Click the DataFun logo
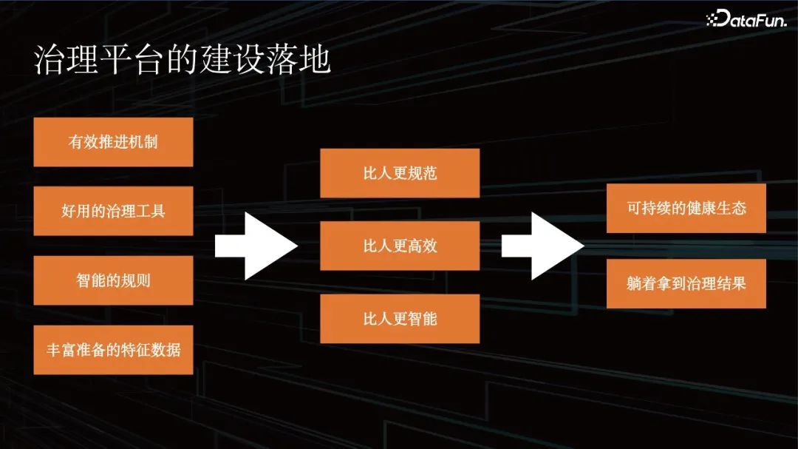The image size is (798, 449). pyautogui.click(x=746, y=19)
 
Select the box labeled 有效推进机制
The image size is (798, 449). pyautogui.click(x=113, y=142)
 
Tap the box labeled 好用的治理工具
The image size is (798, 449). pyautogui.click(x=113, y=211)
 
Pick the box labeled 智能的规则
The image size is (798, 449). pyautogui.click(x=113, y=280)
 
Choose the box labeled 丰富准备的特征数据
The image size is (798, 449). pyautogui.click(x=113, y=350)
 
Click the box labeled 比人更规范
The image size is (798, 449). pyautogui.click(x=400, y=173)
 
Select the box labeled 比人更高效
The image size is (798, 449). pyautogui.click(x=400, y=246)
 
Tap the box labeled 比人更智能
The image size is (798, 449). pyautogui.click(x=400, y=319)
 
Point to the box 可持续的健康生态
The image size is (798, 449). pyautogui.click(x=686, y=209)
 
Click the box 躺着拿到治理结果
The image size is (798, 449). pyautogui.click(x=686, y=283)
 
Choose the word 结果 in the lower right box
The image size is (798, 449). pyautogui.click(x=731, y=283)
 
